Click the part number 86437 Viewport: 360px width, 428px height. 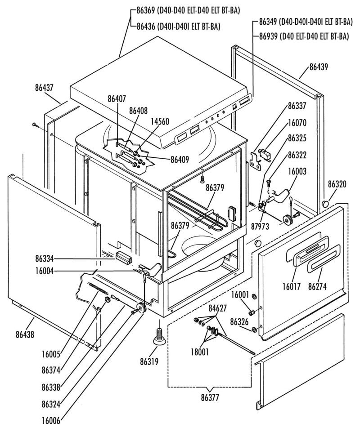(44, 88)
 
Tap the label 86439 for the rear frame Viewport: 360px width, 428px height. (319, 67)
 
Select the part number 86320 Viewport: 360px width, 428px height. (337, 184)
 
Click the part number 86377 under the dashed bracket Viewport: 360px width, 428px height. (210, 397)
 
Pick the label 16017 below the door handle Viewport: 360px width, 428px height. (291, 286)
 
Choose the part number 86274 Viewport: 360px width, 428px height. (317, 286)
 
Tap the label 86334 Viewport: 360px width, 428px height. (45, 258)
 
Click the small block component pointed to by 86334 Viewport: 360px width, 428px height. (124, 258)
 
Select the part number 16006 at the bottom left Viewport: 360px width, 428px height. (51, 421)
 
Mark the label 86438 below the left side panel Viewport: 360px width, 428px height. (25, 334)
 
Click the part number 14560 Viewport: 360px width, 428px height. (160, 121)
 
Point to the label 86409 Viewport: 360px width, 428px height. (180, 160)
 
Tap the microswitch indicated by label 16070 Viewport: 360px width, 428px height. (264, 154)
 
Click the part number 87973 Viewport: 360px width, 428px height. (260, 226)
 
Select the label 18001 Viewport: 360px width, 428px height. (200, 352)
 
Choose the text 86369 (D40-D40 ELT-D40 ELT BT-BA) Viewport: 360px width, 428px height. (189, 11)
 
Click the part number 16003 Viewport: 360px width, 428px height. (297, 171)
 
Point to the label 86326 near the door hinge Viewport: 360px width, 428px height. (239, 322)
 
